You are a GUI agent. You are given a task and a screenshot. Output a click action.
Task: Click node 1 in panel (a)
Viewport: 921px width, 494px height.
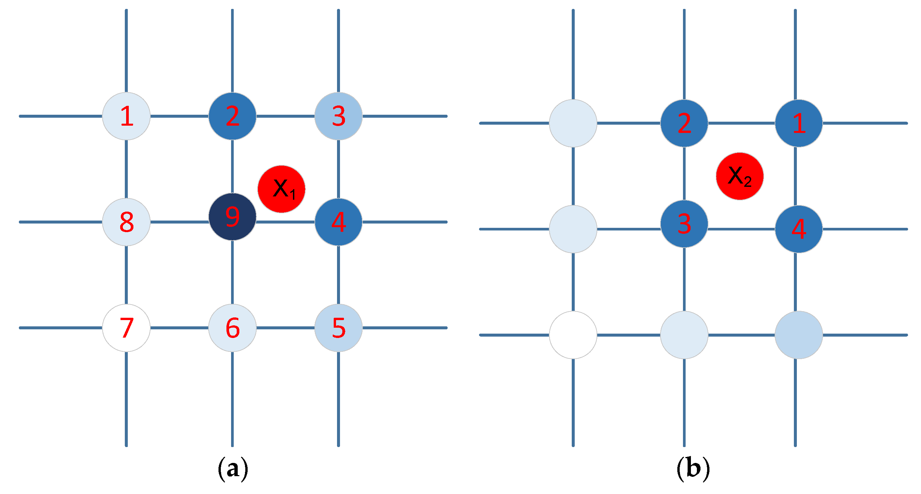(x=126, y=116)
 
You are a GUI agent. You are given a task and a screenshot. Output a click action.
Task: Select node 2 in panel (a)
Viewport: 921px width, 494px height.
(x=232, y=116)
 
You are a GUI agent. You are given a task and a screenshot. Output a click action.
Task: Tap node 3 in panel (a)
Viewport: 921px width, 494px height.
(x=338, y=116)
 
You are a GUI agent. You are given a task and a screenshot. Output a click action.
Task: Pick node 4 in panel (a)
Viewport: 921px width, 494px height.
(x=338, y=222)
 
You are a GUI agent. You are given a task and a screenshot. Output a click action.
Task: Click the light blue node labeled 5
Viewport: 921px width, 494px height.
(x=338, y=328)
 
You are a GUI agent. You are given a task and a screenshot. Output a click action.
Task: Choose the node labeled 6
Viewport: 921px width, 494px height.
(x=232, y=328)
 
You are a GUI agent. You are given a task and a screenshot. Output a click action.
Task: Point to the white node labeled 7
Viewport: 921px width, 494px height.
(x=126, y=328)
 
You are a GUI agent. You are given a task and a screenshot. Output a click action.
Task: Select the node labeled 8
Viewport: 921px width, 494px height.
(x=126, y=222)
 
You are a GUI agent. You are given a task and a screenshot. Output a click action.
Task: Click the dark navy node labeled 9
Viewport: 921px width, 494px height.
(x=232, y=217)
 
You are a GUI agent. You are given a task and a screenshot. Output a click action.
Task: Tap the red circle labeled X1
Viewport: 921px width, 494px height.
(x=281, y=189)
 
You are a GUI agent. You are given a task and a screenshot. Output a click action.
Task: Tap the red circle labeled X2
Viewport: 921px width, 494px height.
(x=740, y=176)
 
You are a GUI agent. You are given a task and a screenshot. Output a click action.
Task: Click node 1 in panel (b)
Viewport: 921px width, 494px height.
(x=799, y=123)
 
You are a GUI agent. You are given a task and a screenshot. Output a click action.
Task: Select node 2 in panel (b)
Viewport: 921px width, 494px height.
(x=684, y=123)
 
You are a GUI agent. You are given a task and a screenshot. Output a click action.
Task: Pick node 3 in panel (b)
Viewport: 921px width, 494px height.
(x=684, y=224)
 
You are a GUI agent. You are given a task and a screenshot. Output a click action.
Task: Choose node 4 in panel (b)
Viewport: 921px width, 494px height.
(x=799, y=229)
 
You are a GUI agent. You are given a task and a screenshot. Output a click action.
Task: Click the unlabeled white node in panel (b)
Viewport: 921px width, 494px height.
(x=573, y=335)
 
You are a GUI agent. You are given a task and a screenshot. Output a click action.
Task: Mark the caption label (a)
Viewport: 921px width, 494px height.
(x=233, y=468)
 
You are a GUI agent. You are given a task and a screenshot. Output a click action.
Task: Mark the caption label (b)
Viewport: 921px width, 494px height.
(x=693, y=468)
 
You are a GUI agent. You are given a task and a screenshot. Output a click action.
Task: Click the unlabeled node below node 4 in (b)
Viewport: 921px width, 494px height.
(x=799, y=335)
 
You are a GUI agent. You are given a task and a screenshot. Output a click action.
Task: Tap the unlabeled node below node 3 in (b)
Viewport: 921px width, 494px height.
(x=684, y=335)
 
